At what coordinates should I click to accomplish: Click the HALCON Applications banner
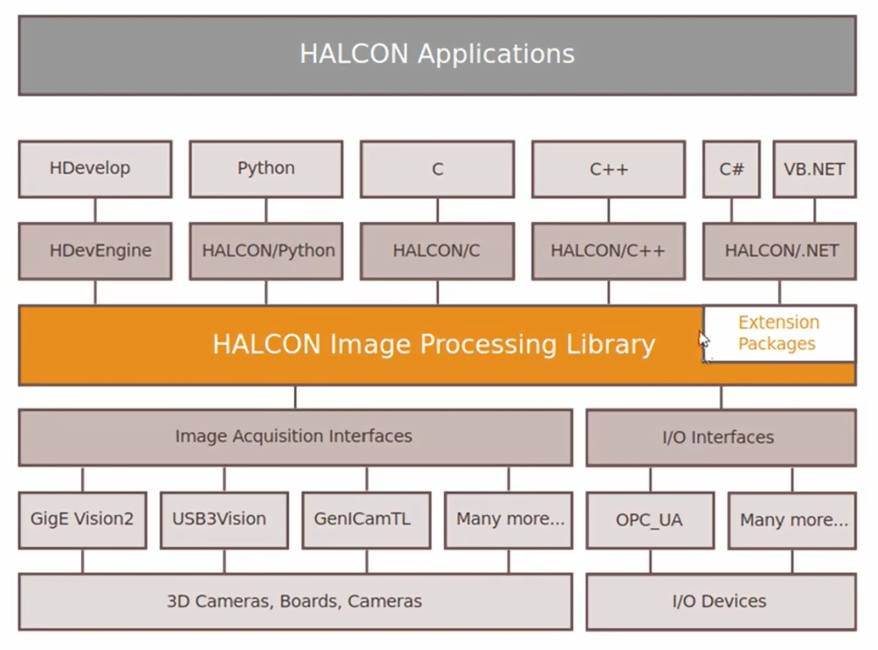pyautogui.click(x=437, y=55)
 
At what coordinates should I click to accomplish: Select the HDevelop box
pyautogui.click(x=95, y=169)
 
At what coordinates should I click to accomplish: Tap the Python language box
pyautogui.click(x=266, y=169)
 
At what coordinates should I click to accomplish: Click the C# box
pyautogui.click(x=731, y=169)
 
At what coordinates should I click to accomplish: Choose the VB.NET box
pyautogui.click(x=815, y=169)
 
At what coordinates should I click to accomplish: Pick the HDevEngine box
pyautogui.click(x=95, y=251)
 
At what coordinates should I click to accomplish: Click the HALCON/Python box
pyautogui.click(x=266, y=251)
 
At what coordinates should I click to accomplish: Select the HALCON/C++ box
pyautogui.click(x=609, y=251)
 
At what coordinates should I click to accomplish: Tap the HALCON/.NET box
pyautogui.click(x=779, y=251)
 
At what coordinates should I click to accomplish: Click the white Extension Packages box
pyautogui.click(x=779, y=334)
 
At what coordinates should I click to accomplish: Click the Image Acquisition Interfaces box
pyautogui.click(x=295, y=438)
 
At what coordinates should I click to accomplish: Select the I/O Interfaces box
pyautogui.click(x=721, y=438)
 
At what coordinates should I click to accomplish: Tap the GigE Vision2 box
pyautogui.click(x=83, y=520)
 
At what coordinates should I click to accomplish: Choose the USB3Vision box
pyautogui.click(x=224, y=520)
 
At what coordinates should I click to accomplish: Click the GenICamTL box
pyautogui.click(x=367, y=520)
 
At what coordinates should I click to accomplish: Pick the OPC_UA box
pyautogui.click(x=650, y=520)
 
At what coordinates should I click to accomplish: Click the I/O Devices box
pyautogui.click(x=721, y=602)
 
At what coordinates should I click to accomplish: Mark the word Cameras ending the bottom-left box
pyautogui.click(x=384, y=601)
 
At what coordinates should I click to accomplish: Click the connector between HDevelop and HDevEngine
pyautogui.click(x=95, y=210)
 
